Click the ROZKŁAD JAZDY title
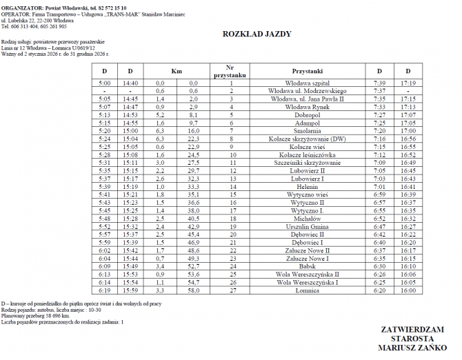click(x=257, y=33)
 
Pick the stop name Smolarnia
click(x=308, y=130)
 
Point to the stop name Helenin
click(x=308, y=187)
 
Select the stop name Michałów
click(x=308, y=219)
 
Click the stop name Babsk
click(x=308, y=267)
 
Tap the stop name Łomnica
click(x=308, y=291)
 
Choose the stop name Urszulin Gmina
click(x=308, y=227)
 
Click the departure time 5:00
click(x=105, y=83)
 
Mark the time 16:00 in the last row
click(x=408, y=291)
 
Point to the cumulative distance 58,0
click(x=193, y=291)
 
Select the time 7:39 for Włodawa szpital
click(x=379, y=83)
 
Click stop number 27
click(x=232, y=291)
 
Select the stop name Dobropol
click(x=308, y=114)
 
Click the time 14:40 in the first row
click(x=130, y=83)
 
